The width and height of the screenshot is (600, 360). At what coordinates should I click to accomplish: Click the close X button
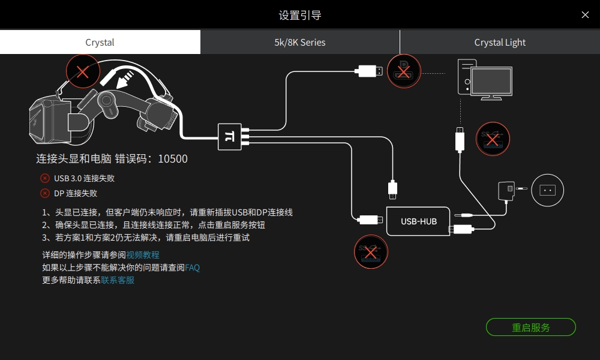point(585,15)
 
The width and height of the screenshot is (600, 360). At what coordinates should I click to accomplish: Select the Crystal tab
point(100,43)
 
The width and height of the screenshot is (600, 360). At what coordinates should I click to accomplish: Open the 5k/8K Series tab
point(300,43)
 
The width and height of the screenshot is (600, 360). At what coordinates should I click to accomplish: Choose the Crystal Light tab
point(500,43)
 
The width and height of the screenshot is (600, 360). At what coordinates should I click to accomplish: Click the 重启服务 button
point(530,328)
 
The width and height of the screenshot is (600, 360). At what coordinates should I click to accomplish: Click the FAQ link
point(192,268)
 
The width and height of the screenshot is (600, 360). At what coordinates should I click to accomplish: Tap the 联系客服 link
point(118,280)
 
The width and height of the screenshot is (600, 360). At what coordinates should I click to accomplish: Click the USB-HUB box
point(419,221)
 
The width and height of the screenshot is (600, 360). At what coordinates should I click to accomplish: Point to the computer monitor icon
point(491,83)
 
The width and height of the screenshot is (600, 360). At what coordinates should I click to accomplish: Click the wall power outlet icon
point(547,190)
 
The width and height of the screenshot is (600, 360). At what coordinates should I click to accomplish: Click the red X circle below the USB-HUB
point(371,251)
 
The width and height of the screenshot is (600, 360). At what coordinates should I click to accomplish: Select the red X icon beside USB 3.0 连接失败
point(45,178)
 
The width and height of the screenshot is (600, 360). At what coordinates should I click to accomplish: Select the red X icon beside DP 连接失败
point(45,193)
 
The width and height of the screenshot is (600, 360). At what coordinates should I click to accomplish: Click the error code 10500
point(173,159)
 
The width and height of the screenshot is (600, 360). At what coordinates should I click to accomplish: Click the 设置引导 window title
point(300,15)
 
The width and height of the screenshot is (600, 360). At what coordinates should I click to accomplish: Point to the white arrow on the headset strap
point(127,77)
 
